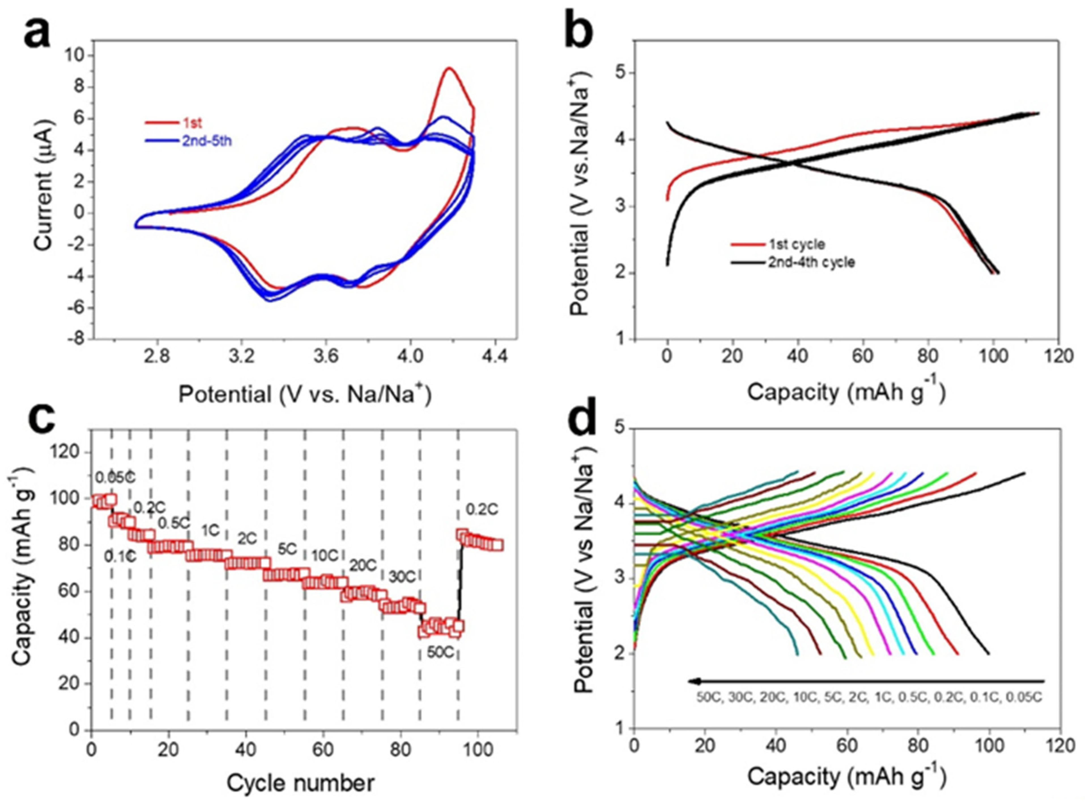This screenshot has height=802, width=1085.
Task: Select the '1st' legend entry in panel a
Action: pos(192,123)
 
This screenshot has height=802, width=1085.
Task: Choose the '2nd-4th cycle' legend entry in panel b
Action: pos(811,263)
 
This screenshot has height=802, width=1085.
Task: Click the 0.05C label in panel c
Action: pos(115,478)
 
